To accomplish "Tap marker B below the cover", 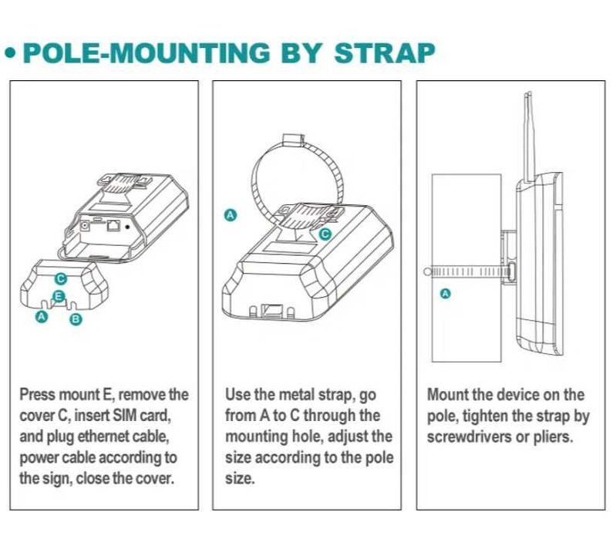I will click(76, 319).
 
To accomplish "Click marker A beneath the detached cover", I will click(42, 315).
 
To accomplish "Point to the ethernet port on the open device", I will click(113, 226).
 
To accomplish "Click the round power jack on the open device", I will click(83, 225).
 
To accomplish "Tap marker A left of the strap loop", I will click(229, 215).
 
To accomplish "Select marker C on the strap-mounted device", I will click(325, 232).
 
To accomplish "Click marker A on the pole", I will click(444, 293).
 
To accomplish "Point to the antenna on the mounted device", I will click(528, 131).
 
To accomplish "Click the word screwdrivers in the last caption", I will click(470, 436).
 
